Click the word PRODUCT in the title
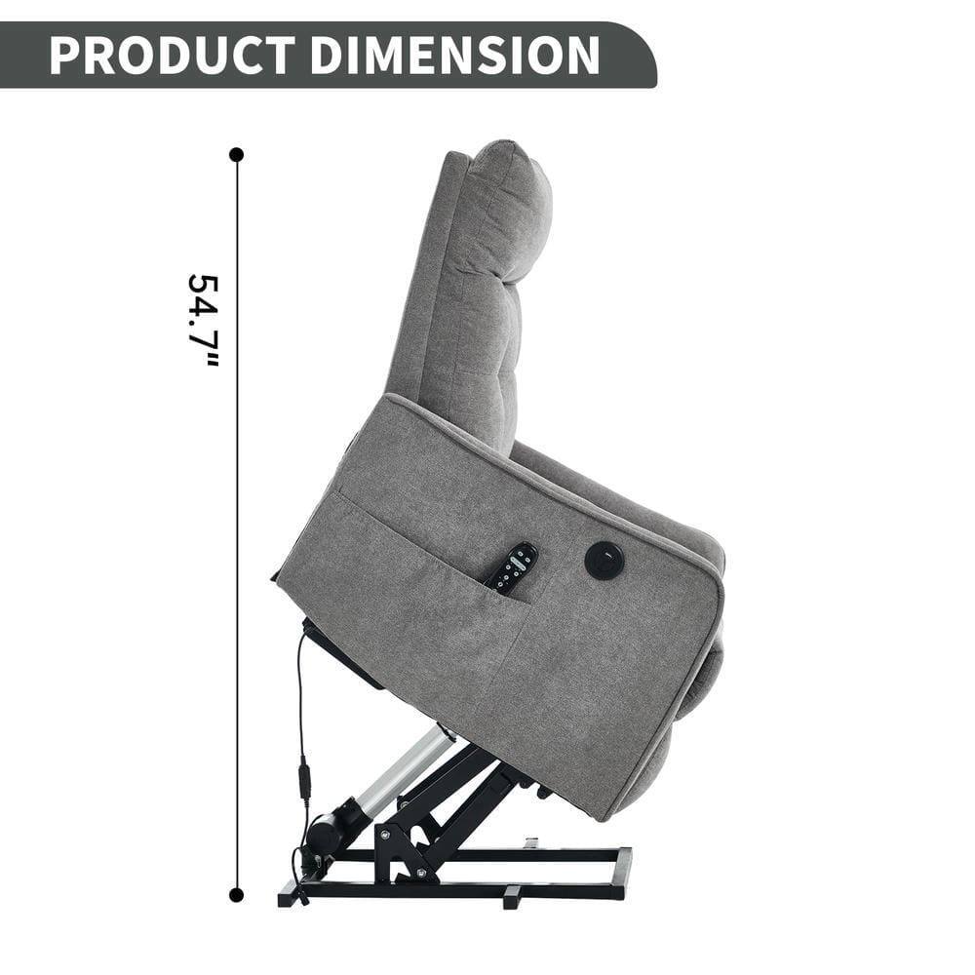click(x=172, y=56)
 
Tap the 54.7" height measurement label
click(x=204, y=320)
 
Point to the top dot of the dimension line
click(x=236, y=154)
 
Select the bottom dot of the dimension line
click(x=236, y=894)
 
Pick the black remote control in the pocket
click(x=513, y=567)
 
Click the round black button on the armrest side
click(x=604, y=560)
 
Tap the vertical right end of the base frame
click(x=621, y=873)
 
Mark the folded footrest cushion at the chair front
click(x=702, y=673)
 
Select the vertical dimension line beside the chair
click(x=236, y=526)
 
